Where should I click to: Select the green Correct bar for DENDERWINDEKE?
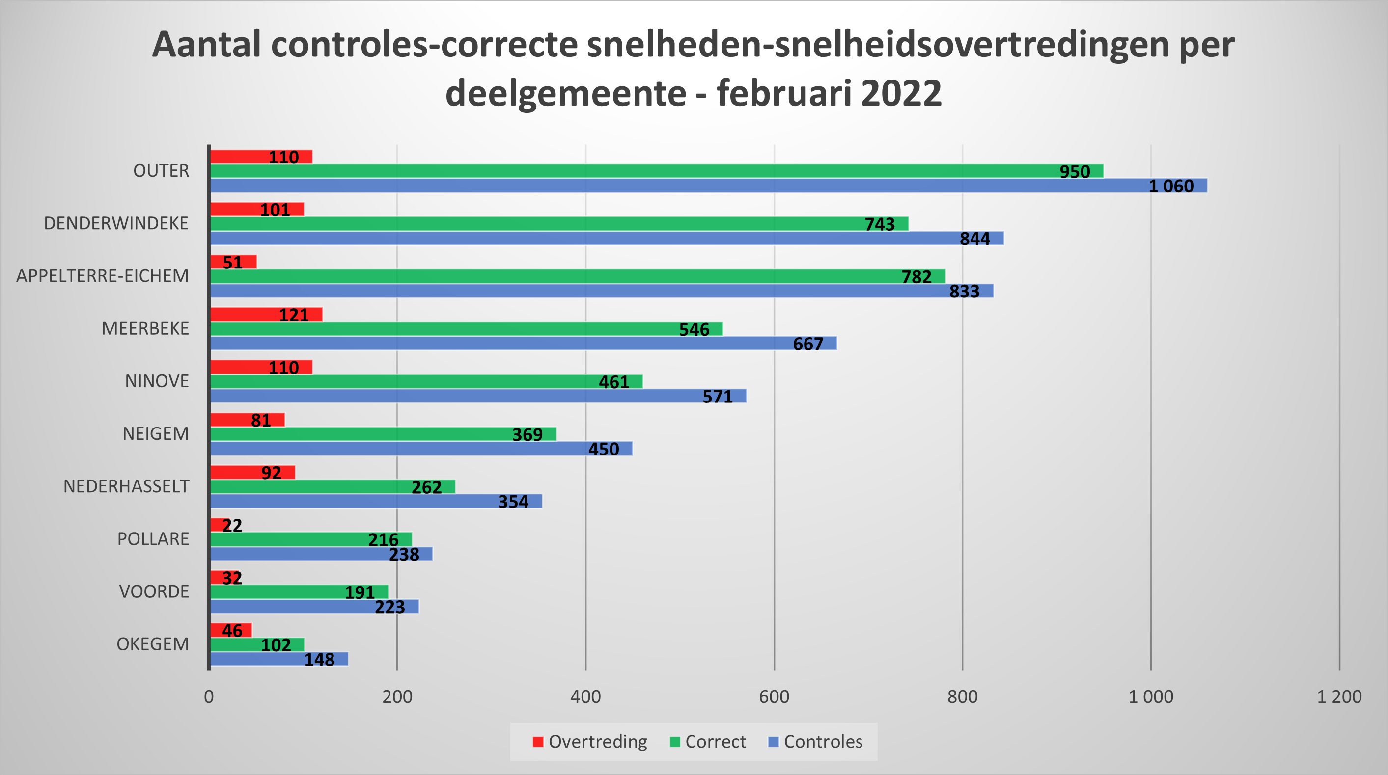point(539,224)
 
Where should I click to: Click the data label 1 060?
point(1171,187)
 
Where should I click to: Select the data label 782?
point(916,277)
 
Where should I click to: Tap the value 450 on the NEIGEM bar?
point(604,449)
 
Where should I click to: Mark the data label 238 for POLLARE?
point(404,554)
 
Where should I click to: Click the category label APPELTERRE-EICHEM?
point(102,276)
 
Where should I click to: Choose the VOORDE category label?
point(154,591)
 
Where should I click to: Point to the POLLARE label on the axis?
point(153,538)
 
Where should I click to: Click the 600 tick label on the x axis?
point(774,697)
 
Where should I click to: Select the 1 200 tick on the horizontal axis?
point(1339,697)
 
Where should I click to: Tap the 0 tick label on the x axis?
point(209,697)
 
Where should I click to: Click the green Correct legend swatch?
point(675,742)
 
